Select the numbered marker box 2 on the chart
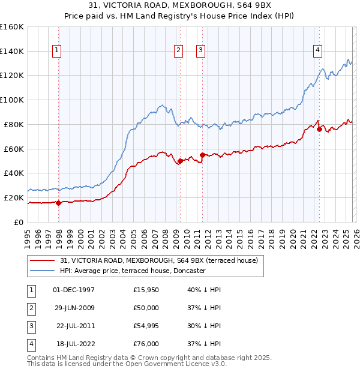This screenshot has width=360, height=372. coord(179,51)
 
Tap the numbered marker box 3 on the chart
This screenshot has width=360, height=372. coord(200,51)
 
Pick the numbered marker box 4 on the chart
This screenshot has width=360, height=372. coord(317,51)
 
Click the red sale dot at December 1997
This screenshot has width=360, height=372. coord(58,203)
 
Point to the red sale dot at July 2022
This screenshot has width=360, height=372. coord(319,129)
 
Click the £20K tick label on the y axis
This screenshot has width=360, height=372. coord(13,197)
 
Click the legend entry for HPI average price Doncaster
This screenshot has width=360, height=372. coord(133,271)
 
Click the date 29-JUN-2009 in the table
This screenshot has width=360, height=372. coord(74,308)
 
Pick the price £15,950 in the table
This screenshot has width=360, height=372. coord(146,290)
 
